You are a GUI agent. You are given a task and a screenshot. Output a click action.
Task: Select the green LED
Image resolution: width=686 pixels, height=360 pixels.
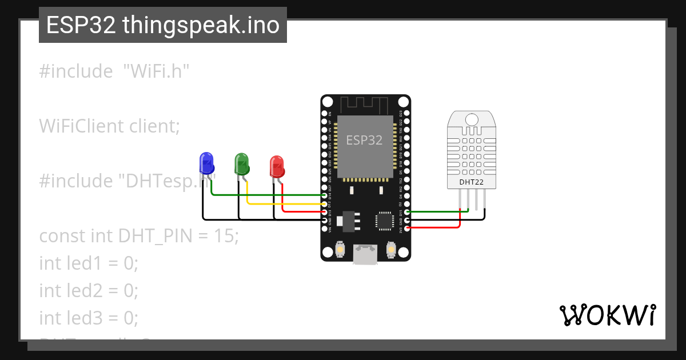click(241, 163)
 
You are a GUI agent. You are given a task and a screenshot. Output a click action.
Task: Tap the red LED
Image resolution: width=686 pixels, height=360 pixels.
click(277, 166)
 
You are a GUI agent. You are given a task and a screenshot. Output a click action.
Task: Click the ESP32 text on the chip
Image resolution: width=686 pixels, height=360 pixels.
click(364, 140)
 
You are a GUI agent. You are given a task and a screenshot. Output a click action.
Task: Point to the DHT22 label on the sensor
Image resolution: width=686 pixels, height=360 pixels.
click(471, 182)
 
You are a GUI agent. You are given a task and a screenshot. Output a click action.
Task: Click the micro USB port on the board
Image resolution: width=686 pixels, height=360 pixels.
click(365, 254)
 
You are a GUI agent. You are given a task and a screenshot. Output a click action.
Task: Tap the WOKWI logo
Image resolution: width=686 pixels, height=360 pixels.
click(608, 315)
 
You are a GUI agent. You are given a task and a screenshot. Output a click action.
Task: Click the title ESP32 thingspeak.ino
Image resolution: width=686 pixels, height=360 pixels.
click(163, 26)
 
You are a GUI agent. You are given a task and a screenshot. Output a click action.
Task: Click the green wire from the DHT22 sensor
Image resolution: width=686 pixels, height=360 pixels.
click(434, 211)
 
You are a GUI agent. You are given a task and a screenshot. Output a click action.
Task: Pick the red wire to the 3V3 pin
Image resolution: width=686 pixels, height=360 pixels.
click(434, 227)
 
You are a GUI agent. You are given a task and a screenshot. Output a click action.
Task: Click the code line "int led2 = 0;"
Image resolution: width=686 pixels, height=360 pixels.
click(89, 290)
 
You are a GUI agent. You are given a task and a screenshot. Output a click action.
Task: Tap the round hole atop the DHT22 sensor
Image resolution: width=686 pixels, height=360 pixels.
click(472, 119)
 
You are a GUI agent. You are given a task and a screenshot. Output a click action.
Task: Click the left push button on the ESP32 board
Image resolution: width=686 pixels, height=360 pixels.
click(340, 250)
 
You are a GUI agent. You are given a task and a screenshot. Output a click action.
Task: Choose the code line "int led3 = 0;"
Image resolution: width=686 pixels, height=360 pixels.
click(89, 317)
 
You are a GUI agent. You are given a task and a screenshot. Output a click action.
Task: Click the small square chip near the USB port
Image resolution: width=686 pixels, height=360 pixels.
click(384, 221)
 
